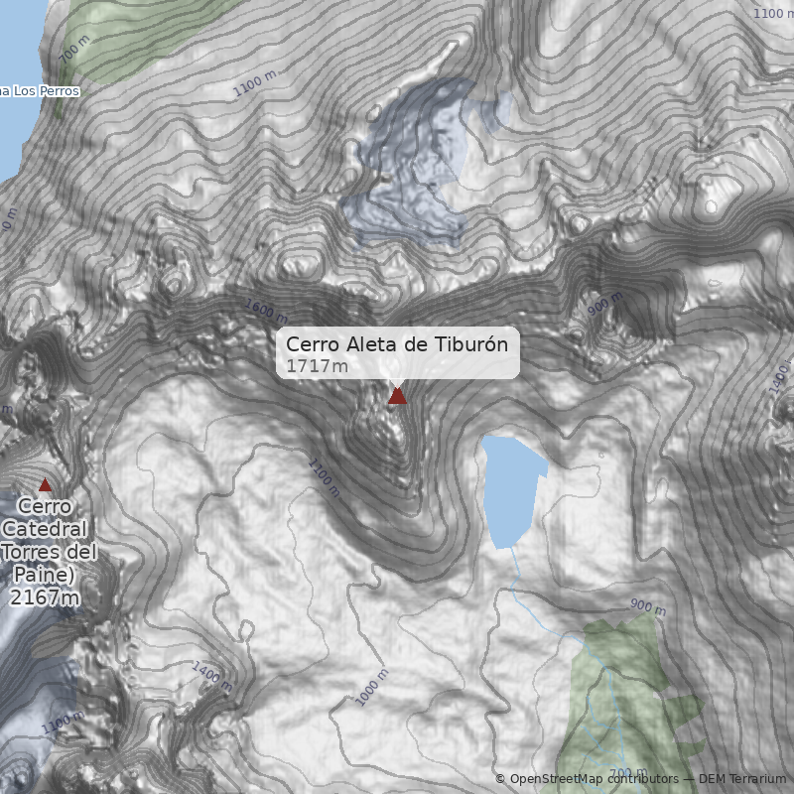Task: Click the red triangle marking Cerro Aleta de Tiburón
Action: pyautogui.click(x=397, y=396)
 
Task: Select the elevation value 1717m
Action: pyautogui.click(x=317, y=366)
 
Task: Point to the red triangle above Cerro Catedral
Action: pyautogui.click(x=44, y=485)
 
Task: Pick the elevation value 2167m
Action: pyautogui.click(x=45, y=597)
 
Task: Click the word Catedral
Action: pyautogui.click(x=45, y=529)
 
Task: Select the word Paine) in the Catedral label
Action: pyautogui.click(x=45, y=575)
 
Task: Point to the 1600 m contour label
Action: pyautogui.click(x=265, y=311)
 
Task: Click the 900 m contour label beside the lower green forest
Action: pyautogui.click(x=647, y=606)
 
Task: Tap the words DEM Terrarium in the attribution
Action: pyautogui.click(x=742, y=779)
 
